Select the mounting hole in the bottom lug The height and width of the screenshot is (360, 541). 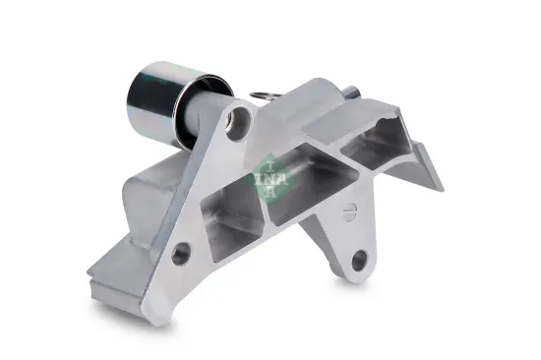point(360,262)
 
